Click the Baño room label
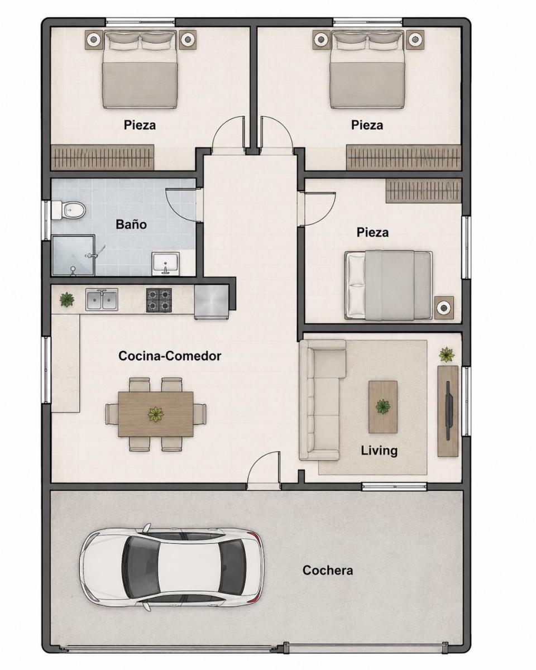(131, 224)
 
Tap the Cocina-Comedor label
(170, 356)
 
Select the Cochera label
(328, 571)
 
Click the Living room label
(379, 451)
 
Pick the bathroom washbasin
(165, 264)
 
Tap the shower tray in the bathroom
(73, 255)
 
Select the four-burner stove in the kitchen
(159, 300)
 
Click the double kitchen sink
(102, 299)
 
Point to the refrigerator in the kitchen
(212, 301)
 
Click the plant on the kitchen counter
(67, 299)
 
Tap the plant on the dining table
(155, 414)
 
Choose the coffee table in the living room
(383, 407)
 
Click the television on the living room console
(449, 411)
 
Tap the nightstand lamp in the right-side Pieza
(444, 308)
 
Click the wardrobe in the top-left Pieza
(103, 157)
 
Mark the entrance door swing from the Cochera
(265, 470)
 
